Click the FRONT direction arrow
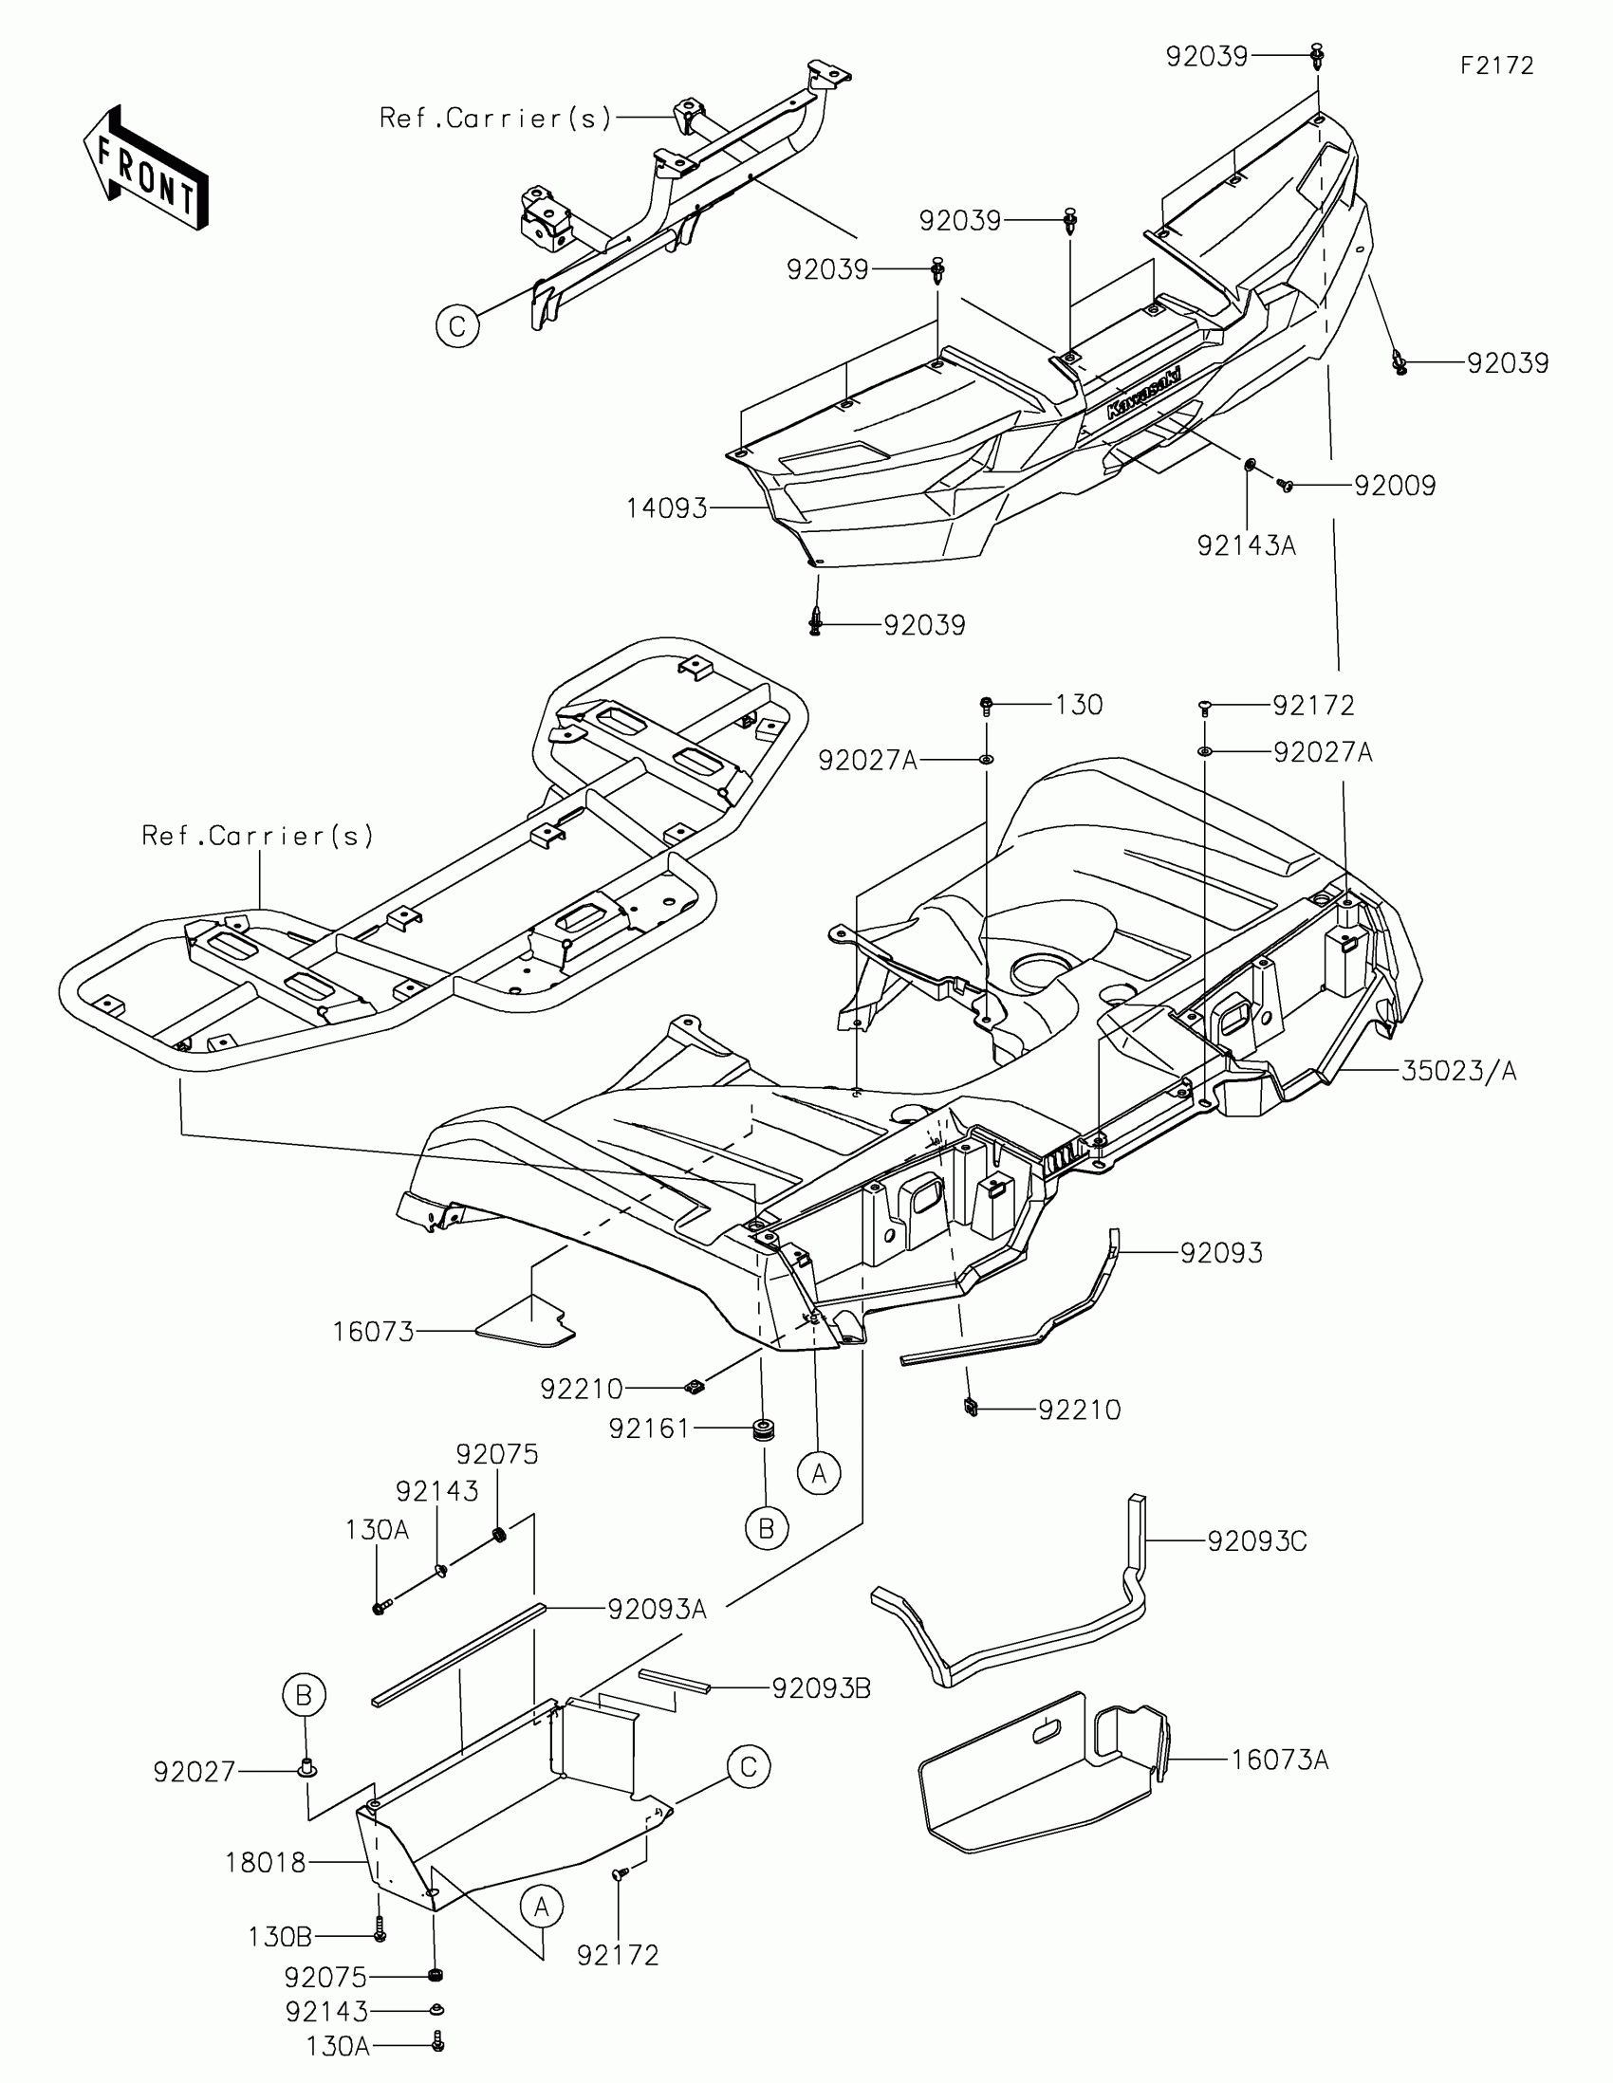coord(146,167)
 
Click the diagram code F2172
coord(1496,65)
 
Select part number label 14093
coord(666,509)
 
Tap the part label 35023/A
coord(1458,1071)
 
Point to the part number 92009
coord(1395,487)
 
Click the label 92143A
coord(1246,546)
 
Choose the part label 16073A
coord(1279,1760)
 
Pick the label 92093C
coord(1256,1541)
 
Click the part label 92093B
coord(821,1689)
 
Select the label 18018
coord(265,1862)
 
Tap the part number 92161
coord(649,1429)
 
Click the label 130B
coord(280,1937)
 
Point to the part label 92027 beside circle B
coord(194,1772)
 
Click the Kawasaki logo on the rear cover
coord(1142,393)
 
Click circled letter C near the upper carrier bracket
coord(457,327)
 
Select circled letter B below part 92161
coord(767,1529)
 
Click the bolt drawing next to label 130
coord(985,706)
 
